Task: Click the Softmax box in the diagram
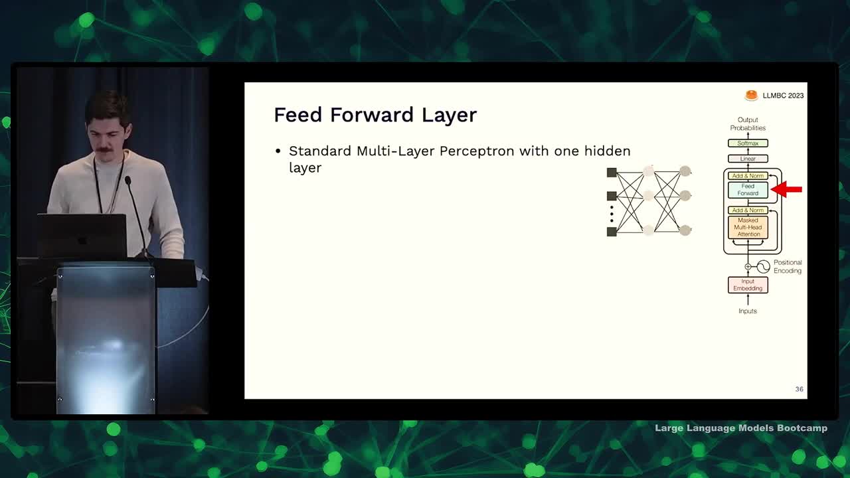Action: coord(748,143)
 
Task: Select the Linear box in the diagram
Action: coord(748,159)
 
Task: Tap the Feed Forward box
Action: coord(748,190)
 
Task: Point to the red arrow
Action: coord(786,189)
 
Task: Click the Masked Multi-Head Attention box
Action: coord(748,227)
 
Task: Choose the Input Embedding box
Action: coord(748,285)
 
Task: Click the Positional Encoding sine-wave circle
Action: coord(763,267)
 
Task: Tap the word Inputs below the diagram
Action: coord(748,311)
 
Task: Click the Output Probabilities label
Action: coord(748,123)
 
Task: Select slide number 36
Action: coord(799,389)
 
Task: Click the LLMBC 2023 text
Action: coord(783,96)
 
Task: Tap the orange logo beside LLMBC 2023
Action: coord(751,95)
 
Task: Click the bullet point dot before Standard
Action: coord(278,151)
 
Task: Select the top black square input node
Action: coord(612,173)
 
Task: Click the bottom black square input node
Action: coord(612,232)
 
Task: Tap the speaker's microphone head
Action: coord(128,181)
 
